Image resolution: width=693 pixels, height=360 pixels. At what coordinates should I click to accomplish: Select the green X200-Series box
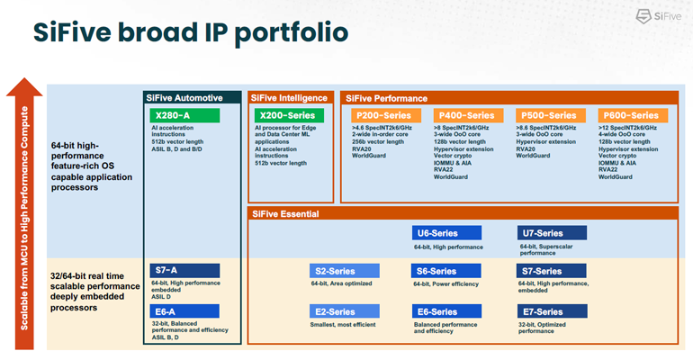(287, 115)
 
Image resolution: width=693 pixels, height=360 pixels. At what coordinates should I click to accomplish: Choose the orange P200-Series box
(383, 115)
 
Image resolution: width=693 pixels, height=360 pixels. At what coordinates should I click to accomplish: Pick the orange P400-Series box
(465, 115)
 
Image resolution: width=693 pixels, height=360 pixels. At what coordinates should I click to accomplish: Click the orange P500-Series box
(547, 115)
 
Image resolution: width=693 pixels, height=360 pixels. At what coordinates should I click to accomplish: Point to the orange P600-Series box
(632, 115)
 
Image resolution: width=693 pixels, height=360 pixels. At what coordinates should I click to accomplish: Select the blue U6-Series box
(447, 233)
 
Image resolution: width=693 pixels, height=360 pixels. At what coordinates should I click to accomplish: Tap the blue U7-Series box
(552, 233)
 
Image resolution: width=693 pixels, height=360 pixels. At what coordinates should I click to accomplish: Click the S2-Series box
(345, 271)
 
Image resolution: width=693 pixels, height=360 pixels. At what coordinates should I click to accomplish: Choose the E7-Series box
(552, 312)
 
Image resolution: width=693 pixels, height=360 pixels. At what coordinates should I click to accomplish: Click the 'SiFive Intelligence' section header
(291, 97)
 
